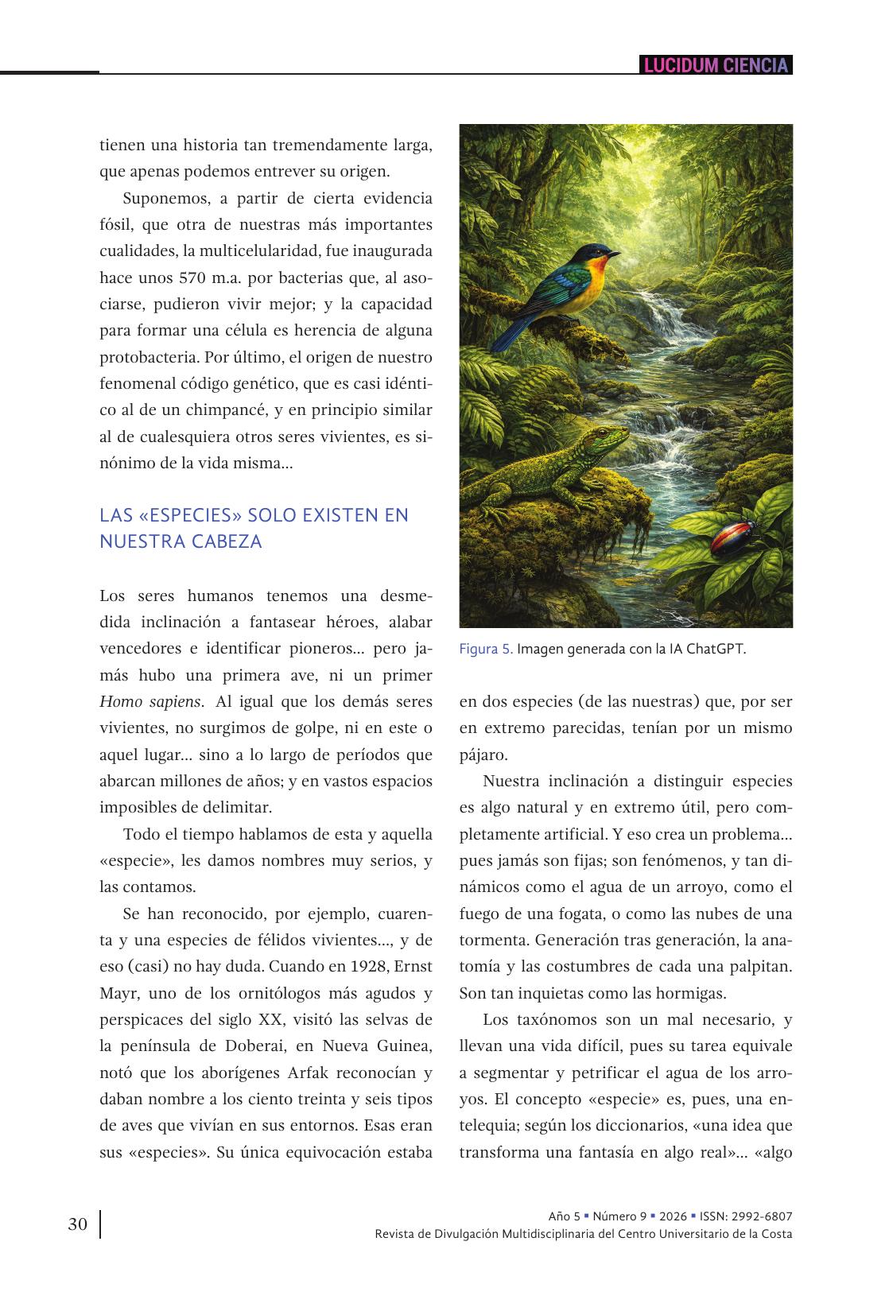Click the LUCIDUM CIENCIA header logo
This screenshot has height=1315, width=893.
716,65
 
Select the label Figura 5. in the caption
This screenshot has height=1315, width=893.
486,649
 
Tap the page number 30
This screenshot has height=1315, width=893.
77,1224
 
